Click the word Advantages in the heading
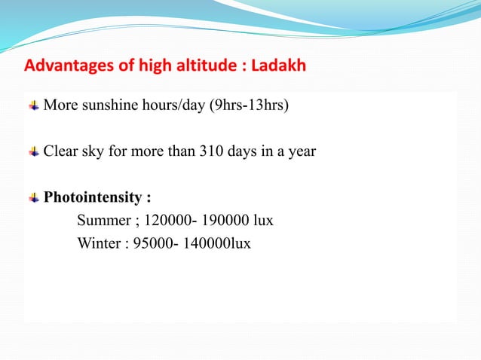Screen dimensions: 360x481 63,66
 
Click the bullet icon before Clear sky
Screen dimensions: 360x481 34,151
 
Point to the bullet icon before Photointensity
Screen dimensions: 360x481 34,198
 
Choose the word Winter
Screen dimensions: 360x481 98,244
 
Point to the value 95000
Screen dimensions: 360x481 150,244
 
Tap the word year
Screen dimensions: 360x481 302,151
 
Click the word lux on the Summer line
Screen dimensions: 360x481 262,221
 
